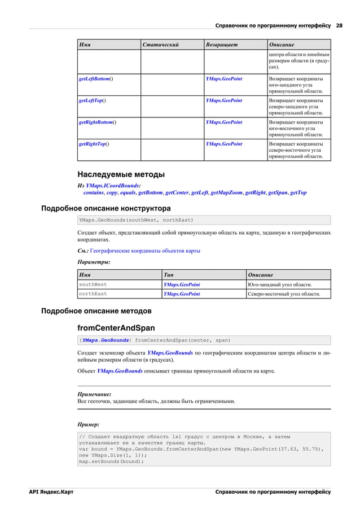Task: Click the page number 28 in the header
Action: click(339, 25)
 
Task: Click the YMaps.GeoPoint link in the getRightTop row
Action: click(224, 144)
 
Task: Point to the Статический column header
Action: click(161, 45)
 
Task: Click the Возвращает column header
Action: click(222, 45)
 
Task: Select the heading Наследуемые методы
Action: click(121, 174)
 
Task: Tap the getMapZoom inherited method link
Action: click(226, 192)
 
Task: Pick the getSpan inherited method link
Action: click(277, 192)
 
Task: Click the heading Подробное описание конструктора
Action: click(106, 208)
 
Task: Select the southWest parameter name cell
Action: click(93, 284)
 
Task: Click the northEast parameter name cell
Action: click(93, 294)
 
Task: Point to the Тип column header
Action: click(168, 275)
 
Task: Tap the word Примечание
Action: click(94, 394)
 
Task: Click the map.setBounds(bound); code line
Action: click(112, 461)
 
